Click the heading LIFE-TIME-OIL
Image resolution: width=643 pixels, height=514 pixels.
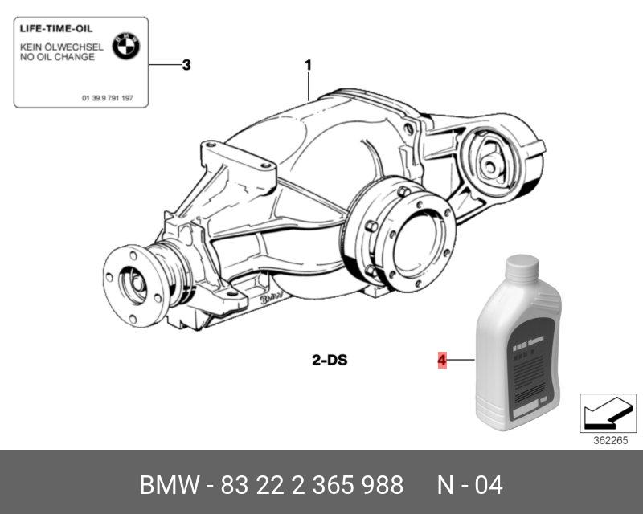[50, 27]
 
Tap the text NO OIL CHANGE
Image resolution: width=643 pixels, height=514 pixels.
[57, 57]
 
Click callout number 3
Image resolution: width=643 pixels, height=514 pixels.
[186, 65]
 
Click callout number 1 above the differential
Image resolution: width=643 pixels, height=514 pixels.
[308, 65]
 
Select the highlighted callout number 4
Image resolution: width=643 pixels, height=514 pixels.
[441, 361]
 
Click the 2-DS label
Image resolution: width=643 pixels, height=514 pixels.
[330, 360]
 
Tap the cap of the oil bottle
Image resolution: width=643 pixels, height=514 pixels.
[523, 266]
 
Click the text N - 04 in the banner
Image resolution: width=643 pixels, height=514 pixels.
[469, 485]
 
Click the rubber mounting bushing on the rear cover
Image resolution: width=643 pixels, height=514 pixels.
[489, 164]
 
